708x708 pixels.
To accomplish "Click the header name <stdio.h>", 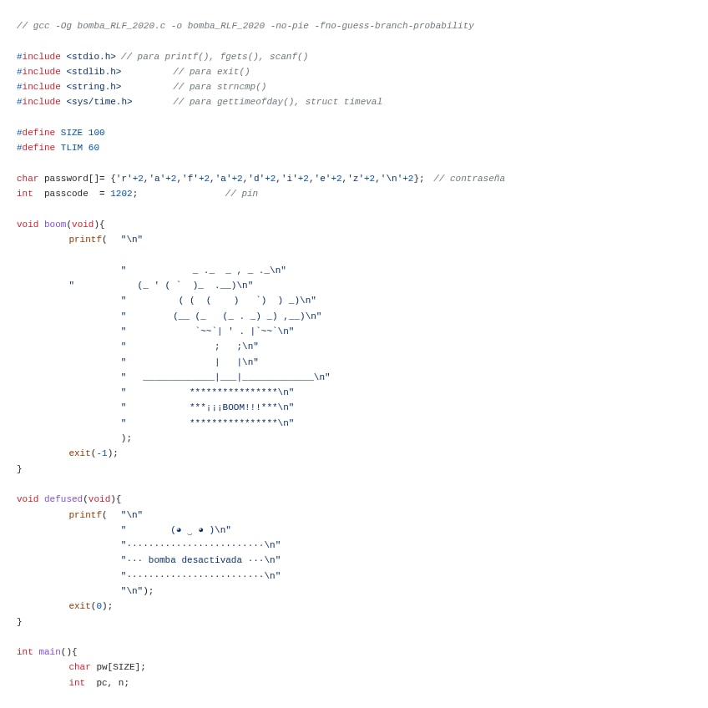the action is coord(91,57).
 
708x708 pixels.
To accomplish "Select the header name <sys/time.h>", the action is coord(99,102).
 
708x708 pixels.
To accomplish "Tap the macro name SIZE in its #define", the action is coord(72,133).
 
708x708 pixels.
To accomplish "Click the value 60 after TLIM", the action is coord(94,148).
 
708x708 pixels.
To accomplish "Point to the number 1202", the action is coord(121,194).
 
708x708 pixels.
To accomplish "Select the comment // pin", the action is coord(241,194).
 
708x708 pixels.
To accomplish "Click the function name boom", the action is coord(55,225).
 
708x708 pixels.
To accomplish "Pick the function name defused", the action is coord(63,499).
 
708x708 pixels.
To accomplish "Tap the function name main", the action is coord(49,652).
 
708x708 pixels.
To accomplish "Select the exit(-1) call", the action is coord(94,453).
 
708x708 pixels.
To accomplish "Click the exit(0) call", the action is coord(90,606).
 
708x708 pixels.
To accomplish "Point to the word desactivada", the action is coord(211,560).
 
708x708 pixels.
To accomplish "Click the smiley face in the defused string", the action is coord(190,530).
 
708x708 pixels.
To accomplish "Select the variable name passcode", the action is coord(66,194).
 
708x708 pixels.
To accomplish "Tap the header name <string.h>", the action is coord(94,87).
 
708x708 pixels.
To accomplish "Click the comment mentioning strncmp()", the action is coord(220,87).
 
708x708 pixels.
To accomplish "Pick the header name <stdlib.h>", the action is coord(94,72).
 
